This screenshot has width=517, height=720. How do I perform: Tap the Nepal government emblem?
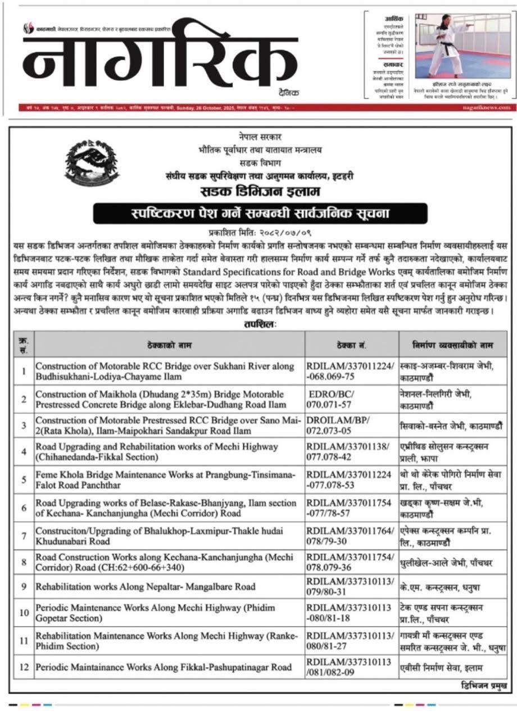click(x=85, y=160)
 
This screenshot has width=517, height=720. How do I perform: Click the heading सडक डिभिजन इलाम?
click(x=260, y=193)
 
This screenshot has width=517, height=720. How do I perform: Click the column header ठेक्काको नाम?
click(x=170, y=344)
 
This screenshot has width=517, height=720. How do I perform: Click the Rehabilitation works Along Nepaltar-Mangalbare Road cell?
click(x=146, y=587)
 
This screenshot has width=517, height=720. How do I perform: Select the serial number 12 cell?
click(x=24, y=668)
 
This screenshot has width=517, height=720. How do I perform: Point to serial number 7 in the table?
click(x=24, y=536)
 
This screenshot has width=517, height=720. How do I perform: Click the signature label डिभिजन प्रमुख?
click(x=484, y=686)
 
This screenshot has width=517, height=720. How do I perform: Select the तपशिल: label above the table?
click(x=260, y=325)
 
